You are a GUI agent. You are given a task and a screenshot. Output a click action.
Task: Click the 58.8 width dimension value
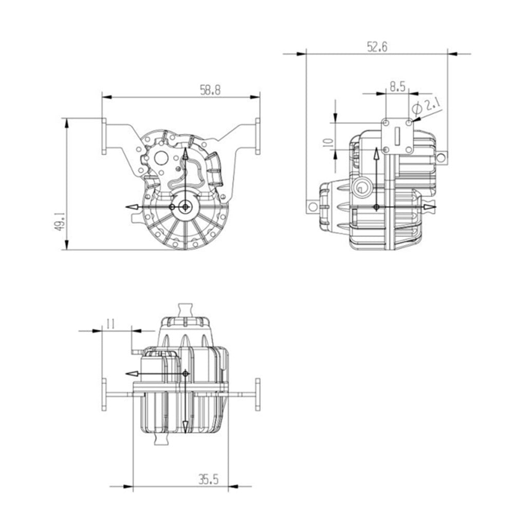click(x=210, y=90)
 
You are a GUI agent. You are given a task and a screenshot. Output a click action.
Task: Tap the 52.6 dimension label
click(x=377, y=46)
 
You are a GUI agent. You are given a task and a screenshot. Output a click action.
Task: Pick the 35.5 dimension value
click(x=208, y=480)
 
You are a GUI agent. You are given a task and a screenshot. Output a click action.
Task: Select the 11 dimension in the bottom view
click(x=109, y=324)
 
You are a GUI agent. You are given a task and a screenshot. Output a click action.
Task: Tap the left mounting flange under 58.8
click(x=104, y=136)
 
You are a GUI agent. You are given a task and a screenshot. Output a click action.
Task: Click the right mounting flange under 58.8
click(x=258, y=136)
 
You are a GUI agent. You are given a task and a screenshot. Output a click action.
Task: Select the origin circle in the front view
click(x=186, y=207)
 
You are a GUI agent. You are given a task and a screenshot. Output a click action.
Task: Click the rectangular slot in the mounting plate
click(x=397, y=137)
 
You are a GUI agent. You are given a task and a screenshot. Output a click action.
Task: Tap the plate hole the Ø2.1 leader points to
click(x=409, y=123)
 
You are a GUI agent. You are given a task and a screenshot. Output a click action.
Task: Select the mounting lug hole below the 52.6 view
click(x=310, y=206)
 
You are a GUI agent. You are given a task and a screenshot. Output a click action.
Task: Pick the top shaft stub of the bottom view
click(x=185, y=310)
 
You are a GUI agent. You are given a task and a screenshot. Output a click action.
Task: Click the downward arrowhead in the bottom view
click(x=185, y=426)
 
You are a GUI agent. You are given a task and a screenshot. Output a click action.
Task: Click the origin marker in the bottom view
click(x=185, y=373)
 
